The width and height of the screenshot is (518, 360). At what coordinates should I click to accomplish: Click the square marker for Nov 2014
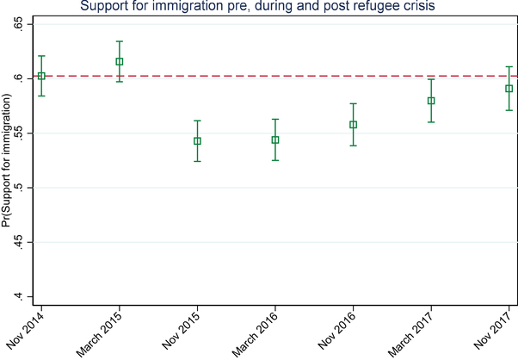point(41,76)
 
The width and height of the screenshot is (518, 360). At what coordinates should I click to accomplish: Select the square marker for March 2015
point(120,61)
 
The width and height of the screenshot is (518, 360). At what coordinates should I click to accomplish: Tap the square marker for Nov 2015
point(198,141)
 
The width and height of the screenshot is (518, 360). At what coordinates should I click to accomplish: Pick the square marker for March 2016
point(275,140)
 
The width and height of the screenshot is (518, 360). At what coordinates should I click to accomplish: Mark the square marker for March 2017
point(431,101)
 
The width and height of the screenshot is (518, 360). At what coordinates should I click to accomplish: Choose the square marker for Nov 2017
point(509,88)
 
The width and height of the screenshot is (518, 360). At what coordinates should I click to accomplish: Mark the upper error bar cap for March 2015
point(120,41)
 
